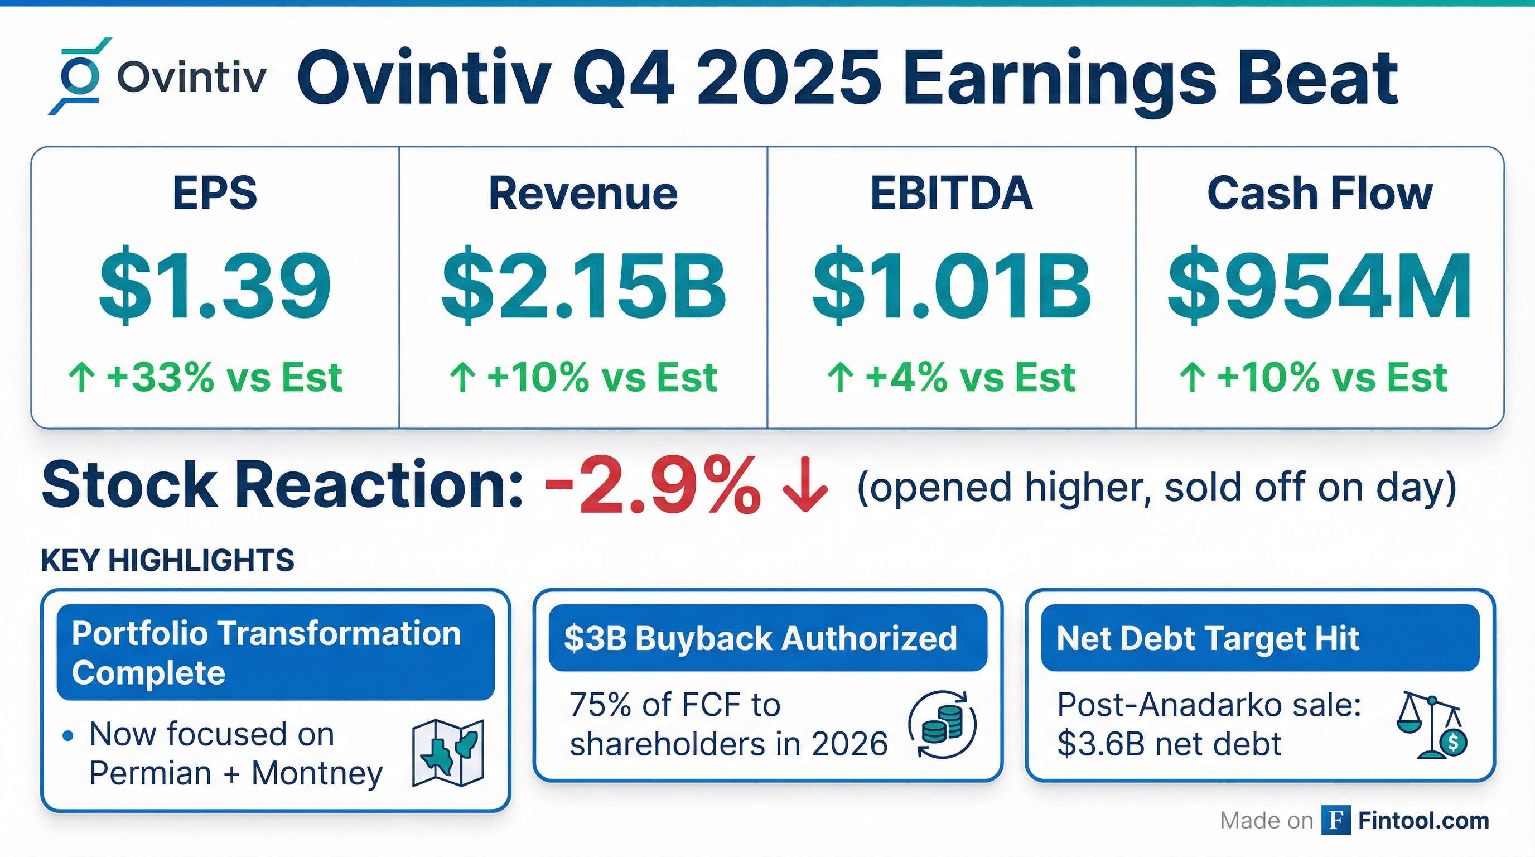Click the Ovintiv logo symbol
click(79, 76)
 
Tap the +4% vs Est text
click(970, 378)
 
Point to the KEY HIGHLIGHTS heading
click(167, 561)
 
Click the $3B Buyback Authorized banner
click(767, 638)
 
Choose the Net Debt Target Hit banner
click(1259, 638)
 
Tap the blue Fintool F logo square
click(1336, 820)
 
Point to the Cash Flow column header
click(1319, 194)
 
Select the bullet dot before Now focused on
click(68, 736)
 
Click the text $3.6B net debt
click(1169, 744)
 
